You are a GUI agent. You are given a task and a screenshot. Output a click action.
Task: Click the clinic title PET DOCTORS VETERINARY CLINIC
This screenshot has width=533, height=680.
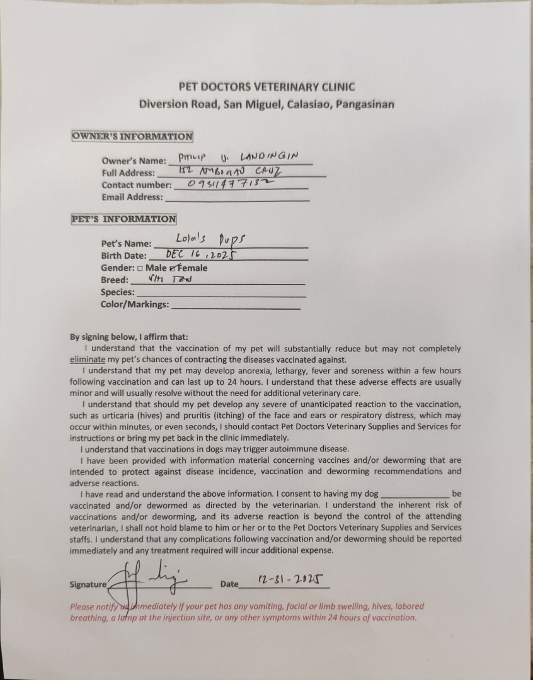click(266, 87)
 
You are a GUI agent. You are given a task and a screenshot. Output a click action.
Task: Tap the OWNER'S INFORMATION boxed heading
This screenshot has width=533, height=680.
click(132, 136)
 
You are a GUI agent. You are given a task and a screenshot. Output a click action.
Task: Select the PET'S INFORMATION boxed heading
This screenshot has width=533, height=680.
click(123, 219)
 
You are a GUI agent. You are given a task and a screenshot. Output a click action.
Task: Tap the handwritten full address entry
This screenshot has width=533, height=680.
click(230, 171)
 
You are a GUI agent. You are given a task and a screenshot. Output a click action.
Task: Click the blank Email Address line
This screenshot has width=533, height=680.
click(236, 198)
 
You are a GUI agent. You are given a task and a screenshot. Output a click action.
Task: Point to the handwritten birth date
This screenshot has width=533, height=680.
click(200, 254)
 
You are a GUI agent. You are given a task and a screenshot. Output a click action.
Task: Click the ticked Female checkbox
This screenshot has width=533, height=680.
click(165, 268)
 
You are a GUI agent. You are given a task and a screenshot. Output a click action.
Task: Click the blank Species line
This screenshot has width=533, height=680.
click(221, 293)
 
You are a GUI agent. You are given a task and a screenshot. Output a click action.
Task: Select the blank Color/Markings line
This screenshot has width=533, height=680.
click(236, 305)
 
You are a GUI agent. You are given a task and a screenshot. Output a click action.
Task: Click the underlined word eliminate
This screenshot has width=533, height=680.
click(87, 360)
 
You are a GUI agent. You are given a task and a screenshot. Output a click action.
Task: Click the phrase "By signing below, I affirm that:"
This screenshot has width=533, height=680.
click(129, 337)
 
